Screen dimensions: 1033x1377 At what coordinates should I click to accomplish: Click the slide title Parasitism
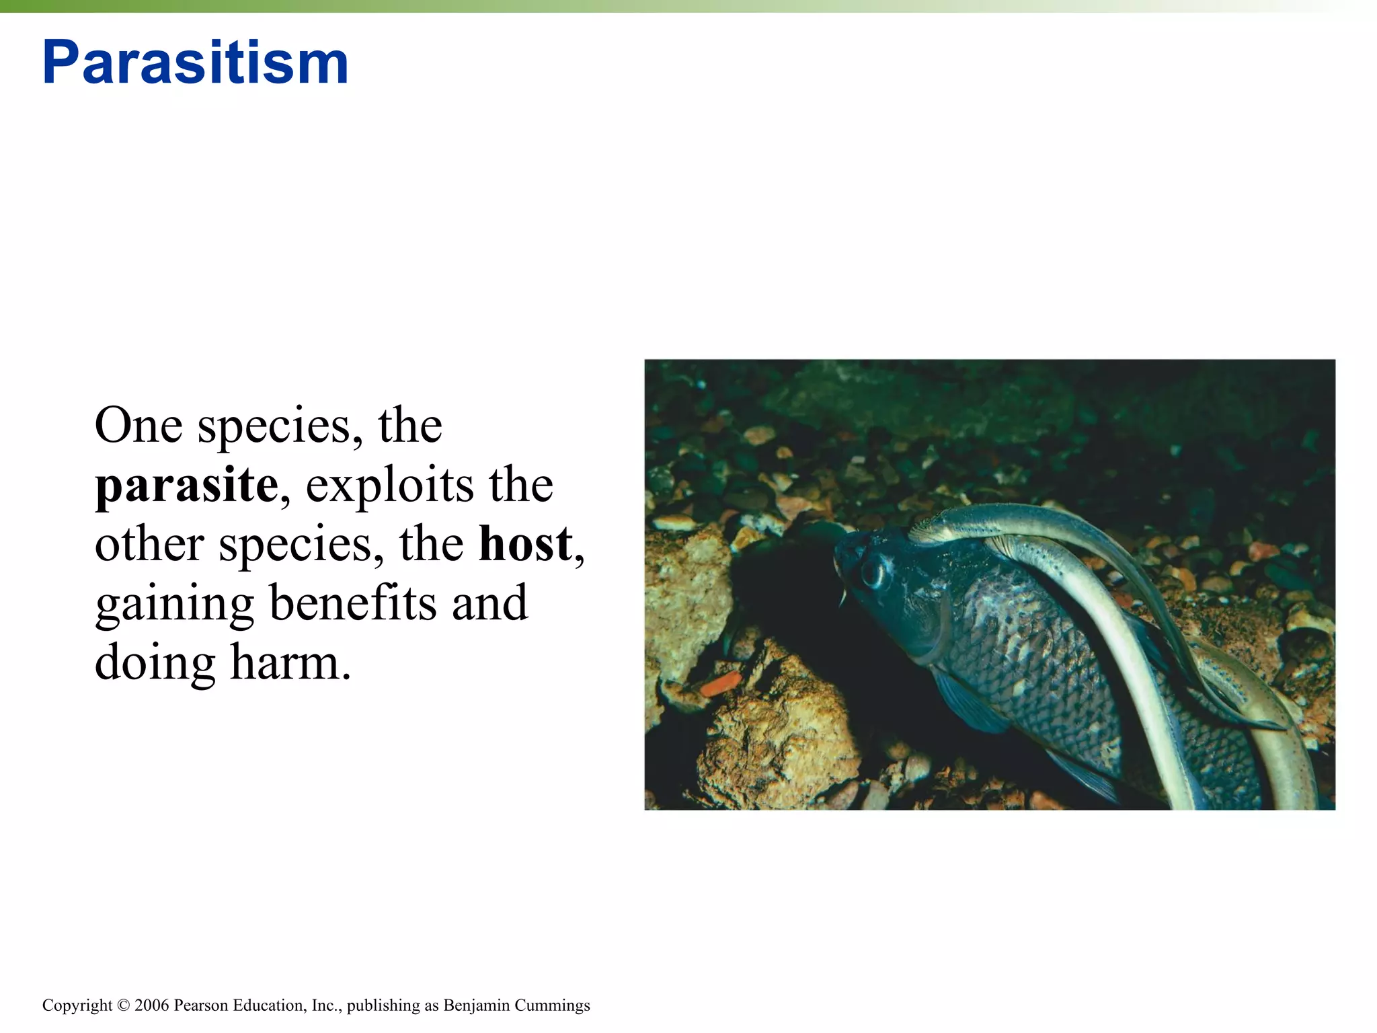click(x=195, y=63)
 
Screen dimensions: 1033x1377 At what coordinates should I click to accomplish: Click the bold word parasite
click(x=186, y=485)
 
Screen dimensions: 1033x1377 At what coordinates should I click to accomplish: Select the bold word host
click(x=525, y=544)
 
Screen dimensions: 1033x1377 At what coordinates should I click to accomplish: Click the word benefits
click(x=353, y=603)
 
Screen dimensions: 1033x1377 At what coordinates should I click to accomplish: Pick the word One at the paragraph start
click(x=138, y=426)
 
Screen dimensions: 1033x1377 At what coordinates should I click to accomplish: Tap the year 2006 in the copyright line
click(x=152, y=1005)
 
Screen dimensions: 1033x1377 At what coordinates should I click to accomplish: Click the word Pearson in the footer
click(x=201, y=1005)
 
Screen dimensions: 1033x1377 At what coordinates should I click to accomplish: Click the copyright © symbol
click(x=123, y=1005)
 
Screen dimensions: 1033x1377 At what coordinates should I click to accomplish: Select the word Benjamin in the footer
click(x=476, y=1005)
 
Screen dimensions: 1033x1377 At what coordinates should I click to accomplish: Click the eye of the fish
click(x=873, y=574)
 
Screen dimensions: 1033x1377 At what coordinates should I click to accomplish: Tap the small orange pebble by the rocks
click(x=720, y=685)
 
